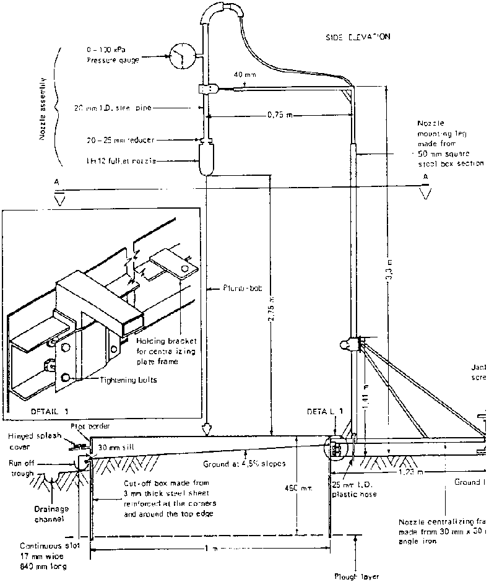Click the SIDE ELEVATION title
[357, 37]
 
